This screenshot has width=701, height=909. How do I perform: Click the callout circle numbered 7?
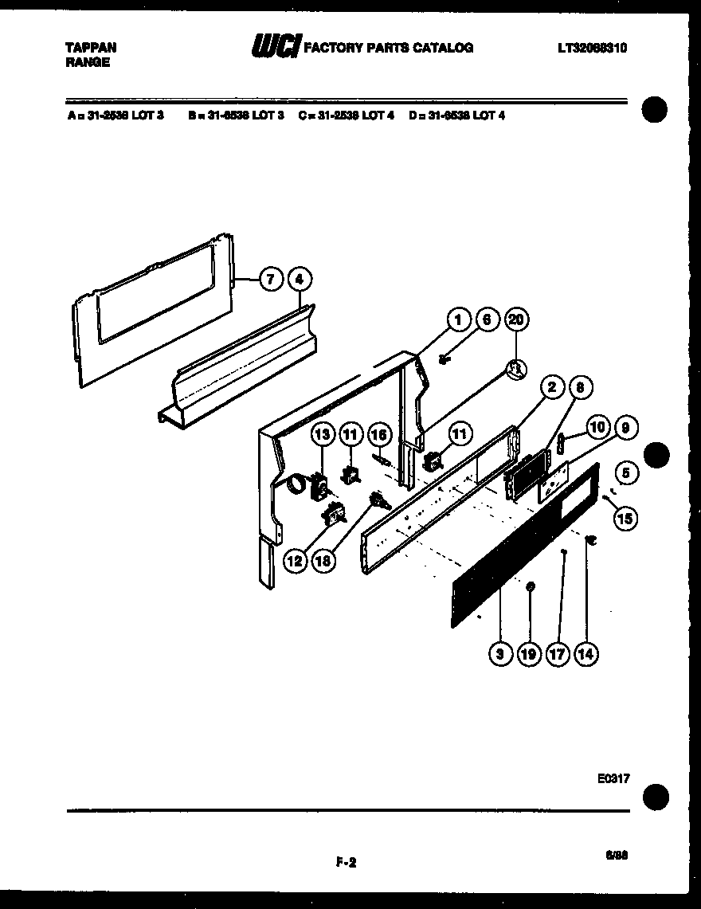click(271, 280)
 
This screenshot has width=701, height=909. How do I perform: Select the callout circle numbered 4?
click(299, 280)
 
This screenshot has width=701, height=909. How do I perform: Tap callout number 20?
click(516, 320)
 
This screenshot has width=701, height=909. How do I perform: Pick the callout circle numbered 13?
click(322, 434)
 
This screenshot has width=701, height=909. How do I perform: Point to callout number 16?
click(380, 434)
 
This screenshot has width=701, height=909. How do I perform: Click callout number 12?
click(296, 561)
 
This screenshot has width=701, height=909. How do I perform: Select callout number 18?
click(323, 561)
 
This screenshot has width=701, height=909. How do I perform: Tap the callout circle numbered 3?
click(500, 654)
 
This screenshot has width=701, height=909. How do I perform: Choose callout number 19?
click(528, 654)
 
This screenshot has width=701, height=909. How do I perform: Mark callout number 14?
click(585, 654)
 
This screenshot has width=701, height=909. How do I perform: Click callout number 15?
click(625, 519)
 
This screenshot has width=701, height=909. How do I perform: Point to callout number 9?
click(625, 428)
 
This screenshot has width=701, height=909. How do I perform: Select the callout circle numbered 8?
click(580, 388)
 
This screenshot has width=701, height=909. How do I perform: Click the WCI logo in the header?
click(275, 49)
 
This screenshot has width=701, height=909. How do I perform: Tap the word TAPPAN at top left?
click(90, 48)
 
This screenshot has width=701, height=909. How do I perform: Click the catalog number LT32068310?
click(592, 48)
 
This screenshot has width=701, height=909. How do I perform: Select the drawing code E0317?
click(613, 779)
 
